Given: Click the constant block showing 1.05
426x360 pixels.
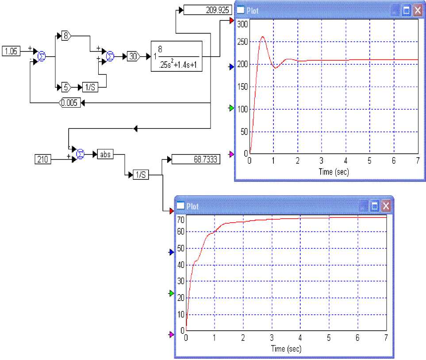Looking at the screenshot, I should pyautogui.click(x=11, y=51).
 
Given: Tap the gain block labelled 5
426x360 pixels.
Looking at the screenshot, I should pyautogui.click(x=66, y=87).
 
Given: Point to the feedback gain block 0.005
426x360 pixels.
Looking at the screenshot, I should pyautogui.click(x=70, y=103).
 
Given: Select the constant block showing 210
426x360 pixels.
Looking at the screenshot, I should pyautogui.click(x=43, y=159).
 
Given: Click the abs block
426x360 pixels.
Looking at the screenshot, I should pyautogui.click(x=106, y=154).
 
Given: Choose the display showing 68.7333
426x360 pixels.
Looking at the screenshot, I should pyautogui.click(x=195, y=159).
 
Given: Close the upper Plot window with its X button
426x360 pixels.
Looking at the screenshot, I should pyautogui.click(x=417, y=11).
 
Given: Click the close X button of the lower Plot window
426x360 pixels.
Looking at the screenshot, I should pyautogui.click(x=386, y=206).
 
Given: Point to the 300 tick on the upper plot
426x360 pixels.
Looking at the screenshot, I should pyautogui.click(x=243, y=24).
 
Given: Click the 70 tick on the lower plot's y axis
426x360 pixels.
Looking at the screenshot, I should pyautogui.click(x=180, y=219).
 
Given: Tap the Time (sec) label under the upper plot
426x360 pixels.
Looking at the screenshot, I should pyautogui.click(x=334, y=172).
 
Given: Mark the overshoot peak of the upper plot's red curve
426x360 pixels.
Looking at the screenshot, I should pyautogui.click(x=263, y=37).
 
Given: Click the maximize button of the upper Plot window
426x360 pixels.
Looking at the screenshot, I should pyautogui.click(x=407, y=11).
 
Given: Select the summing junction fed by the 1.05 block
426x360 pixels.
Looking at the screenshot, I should pyautogui.click(x=41, y=56).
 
